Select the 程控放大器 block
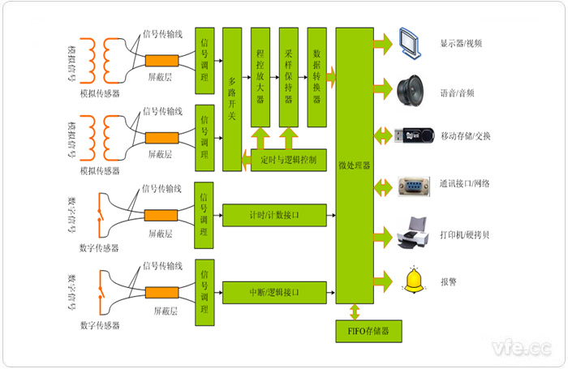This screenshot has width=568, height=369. pos(260,77)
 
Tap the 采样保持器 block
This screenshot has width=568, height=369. pos(288,77)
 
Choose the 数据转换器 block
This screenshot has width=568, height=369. pos(316,77)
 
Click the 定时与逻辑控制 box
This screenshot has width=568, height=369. pos(289,160)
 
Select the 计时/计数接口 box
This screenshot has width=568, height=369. pos(274,215)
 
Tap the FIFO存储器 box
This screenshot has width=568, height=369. pos(368,331)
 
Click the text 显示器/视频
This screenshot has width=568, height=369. pos(461,44)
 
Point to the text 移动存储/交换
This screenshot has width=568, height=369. pos(465,135)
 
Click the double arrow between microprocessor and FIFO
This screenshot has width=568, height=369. pos(354,311)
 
